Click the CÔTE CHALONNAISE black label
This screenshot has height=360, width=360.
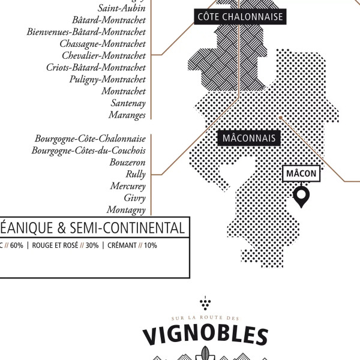240,17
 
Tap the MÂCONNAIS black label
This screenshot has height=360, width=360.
249,139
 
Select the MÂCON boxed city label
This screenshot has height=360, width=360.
301,173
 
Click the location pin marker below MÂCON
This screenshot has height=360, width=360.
301,196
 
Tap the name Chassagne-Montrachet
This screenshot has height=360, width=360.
103,43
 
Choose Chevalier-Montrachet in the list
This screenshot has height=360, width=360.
104,55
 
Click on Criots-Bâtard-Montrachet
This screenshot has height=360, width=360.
96,67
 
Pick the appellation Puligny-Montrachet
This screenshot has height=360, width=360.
107,79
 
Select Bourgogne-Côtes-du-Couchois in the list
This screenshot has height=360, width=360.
89,150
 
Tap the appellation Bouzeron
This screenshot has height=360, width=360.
128,162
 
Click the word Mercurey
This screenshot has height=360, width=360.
128,186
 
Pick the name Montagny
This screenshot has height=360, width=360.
126,209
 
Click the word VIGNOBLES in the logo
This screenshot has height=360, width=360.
205,336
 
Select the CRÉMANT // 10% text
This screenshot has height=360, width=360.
132,245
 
